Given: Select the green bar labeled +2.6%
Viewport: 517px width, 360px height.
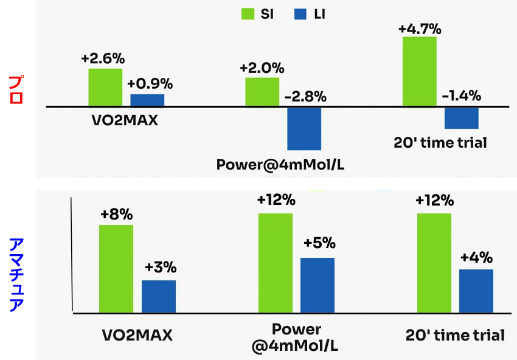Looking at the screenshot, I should pos(105,88).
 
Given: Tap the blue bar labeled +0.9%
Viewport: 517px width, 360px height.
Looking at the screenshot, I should pos(147,100).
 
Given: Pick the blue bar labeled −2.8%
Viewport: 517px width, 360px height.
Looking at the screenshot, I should pos(304,128).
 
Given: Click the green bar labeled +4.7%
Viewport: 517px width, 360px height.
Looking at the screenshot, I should pos(420,72).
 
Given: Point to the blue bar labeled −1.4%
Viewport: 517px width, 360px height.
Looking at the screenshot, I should pos(462,118).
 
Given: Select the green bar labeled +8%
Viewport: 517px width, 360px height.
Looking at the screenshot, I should pos(116,268).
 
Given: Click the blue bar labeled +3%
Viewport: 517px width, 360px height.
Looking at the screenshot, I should pos(159,296).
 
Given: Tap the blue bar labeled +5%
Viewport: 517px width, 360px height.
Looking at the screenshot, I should pos(317,285).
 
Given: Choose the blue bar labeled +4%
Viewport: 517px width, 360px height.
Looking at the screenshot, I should pos(476,291).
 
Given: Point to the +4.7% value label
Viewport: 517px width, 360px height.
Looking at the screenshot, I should pos(420,28).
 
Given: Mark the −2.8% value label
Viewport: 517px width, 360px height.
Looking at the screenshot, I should pos(305,97).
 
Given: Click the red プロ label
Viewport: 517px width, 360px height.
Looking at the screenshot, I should pos(17,89).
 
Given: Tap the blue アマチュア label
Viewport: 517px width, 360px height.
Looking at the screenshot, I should pos(17,274).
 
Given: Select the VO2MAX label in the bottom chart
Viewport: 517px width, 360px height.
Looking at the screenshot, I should pos(137,335).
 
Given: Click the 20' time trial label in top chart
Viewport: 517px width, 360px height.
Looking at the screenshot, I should pos(440,144).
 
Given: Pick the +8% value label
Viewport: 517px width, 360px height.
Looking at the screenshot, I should pos(116,215).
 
